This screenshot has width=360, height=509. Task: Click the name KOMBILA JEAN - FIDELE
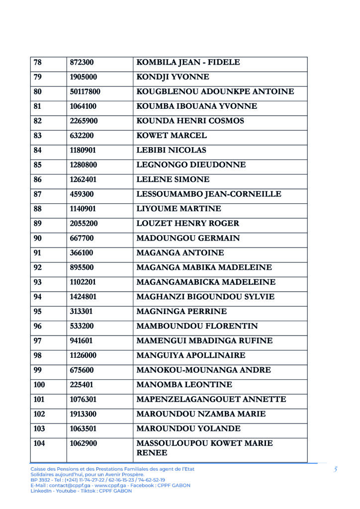188,63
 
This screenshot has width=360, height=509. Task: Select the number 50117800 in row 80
85,92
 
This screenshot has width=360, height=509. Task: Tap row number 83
37,136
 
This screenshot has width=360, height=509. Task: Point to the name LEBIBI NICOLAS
171,150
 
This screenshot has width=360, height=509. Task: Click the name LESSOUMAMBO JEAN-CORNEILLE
209,194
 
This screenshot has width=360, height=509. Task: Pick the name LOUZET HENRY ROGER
187,224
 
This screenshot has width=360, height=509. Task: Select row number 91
37,253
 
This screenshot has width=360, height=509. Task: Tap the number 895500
82,267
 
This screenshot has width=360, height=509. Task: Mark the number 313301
82,312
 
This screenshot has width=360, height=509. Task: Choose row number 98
37,355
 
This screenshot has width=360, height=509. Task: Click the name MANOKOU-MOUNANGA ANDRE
203,370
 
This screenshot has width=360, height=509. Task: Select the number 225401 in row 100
82,385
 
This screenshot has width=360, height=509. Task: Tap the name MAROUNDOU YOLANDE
188,428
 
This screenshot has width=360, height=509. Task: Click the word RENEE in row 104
152,453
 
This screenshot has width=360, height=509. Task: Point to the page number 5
336,469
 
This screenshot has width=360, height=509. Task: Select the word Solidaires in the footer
41,475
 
